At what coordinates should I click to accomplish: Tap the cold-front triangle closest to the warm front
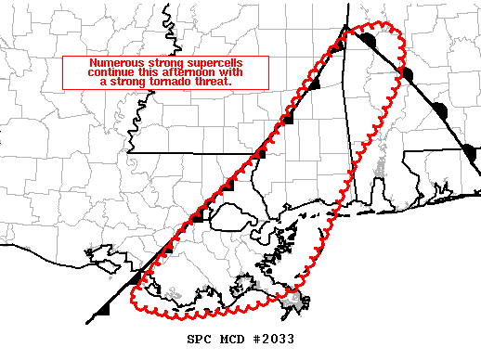[x=340, y=44]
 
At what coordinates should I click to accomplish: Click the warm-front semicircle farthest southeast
[x=470, y=151]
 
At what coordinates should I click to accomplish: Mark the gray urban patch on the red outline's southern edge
[x=295, y=301]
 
